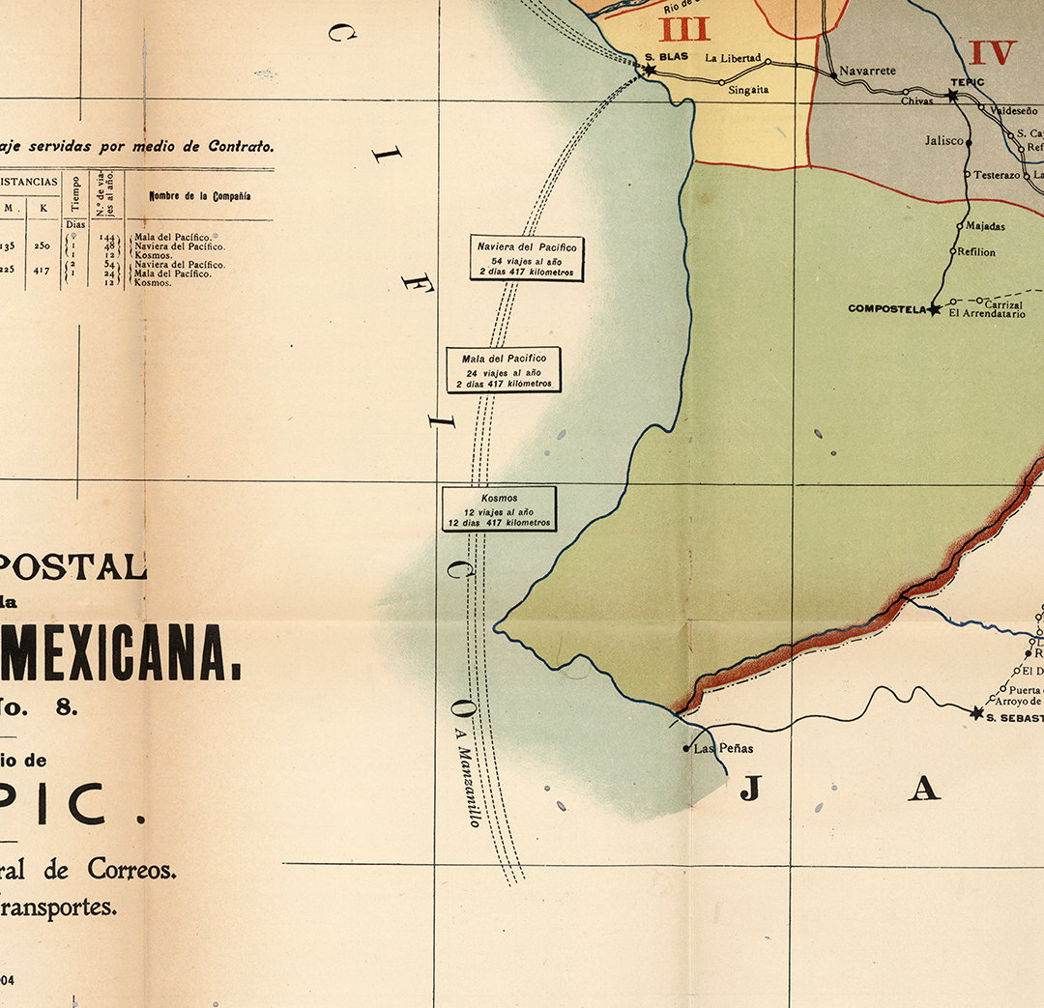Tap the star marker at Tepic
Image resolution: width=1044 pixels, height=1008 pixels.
click(x=952, y=96)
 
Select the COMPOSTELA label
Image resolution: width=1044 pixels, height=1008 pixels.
click(x=886, y=309)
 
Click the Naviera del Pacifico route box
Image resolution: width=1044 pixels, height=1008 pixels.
click(x=527, y=259)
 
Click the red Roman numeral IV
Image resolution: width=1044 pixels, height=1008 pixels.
click(x=993, y=52)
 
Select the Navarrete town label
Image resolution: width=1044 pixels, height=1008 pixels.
click(x=867, y=71)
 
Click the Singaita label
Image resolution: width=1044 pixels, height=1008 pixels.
click(x=747, y=90)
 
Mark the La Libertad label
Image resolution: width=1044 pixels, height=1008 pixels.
click(x=733, y=58)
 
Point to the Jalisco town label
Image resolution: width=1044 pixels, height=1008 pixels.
click(x=943, y=140)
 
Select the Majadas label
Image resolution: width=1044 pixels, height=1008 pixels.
click(x=985, y=226)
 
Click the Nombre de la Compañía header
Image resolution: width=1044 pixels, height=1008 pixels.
click(x=200, y=196)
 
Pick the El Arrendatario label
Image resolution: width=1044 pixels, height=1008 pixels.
click(x=986, y=313)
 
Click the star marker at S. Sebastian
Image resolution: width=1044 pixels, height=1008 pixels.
click(x=976, y=713)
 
